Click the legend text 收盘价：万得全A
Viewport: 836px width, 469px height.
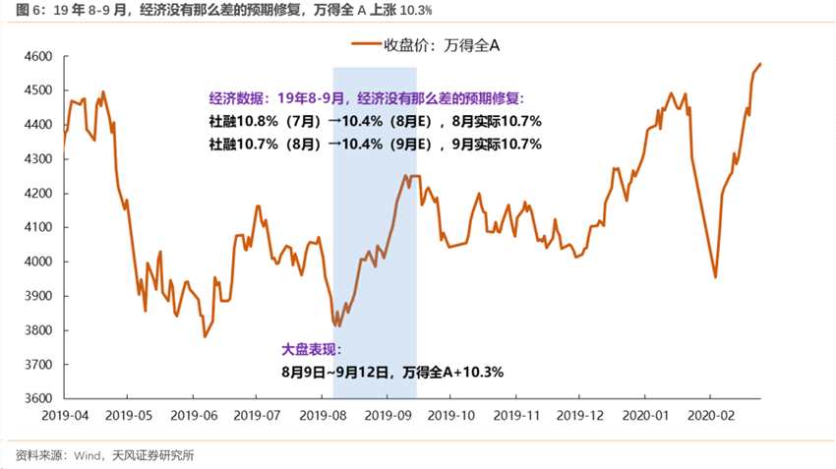(x=446, y=44)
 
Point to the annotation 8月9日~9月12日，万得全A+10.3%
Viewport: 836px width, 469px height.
(x=391, y=372)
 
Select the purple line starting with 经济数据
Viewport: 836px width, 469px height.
(x=367, y=98)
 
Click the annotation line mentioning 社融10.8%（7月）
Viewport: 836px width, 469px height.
(x=376, y=121)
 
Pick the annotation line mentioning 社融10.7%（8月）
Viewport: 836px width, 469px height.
(x=376, y=144)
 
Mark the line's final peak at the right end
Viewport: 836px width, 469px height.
(x=760, y=64)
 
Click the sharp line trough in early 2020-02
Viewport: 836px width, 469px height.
(x=715, y=277)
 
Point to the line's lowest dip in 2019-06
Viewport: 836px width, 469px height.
(x=205, y=336)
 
